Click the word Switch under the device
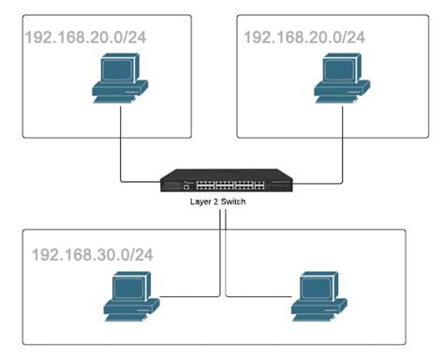(x=235, y=202)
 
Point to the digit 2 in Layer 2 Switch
(x=219, y=202)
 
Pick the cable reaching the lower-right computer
(x=253, y=298)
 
